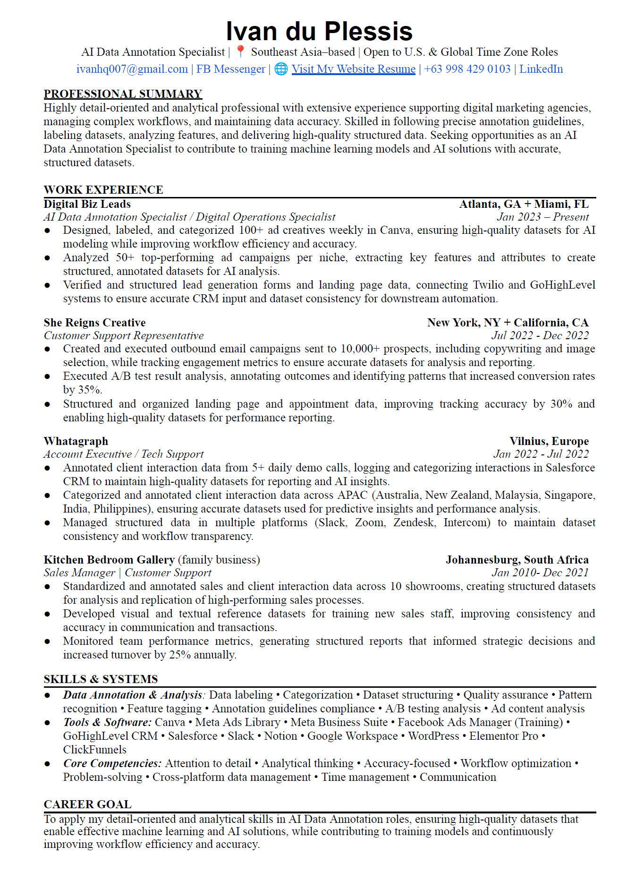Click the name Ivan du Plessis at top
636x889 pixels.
319,32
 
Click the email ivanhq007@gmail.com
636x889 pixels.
132,69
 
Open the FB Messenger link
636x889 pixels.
230,69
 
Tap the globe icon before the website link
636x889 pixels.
281,69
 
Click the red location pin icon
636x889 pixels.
240,51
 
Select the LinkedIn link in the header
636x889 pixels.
541,69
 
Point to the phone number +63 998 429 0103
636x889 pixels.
467,69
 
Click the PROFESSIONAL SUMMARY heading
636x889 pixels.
123,94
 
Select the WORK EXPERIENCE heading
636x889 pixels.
103,189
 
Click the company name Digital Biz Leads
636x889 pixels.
87,204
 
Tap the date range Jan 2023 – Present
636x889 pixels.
543,217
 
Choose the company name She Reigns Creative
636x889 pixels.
94,323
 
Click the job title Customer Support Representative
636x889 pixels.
124,335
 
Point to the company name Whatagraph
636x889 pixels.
76,441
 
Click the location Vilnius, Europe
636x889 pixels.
549,441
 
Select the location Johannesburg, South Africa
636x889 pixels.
517,560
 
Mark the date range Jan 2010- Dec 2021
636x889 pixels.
540,573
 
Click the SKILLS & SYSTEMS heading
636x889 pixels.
101,679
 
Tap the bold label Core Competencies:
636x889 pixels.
112,763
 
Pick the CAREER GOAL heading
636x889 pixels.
87,804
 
